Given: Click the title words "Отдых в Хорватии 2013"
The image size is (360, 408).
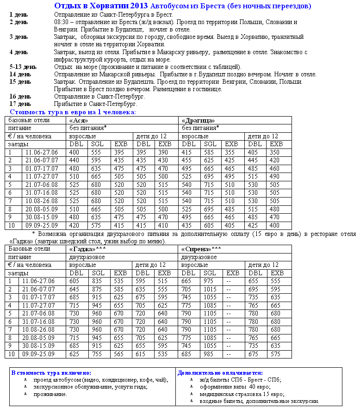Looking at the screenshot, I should click(101, 6).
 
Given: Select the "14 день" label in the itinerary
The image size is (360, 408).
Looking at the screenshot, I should click(20, 74).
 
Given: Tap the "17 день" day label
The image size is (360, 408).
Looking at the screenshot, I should click(20, 104).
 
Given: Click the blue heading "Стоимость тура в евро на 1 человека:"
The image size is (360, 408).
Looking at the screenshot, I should click(73, 112).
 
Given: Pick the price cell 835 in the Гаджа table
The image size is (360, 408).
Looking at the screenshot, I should click(97, 281).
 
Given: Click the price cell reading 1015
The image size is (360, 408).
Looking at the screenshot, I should click(211, 289).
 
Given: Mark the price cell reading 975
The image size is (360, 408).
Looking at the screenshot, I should click(210, 281).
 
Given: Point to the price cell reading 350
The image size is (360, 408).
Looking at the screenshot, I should click(275, 152).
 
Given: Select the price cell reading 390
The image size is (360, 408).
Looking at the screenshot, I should click(163, 152).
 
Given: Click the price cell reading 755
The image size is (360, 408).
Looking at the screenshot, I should click(97, 354).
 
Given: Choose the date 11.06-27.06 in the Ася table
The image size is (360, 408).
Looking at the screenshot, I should click(42, 152).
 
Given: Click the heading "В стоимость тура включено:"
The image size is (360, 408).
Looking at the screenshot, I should click(51, 372).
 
